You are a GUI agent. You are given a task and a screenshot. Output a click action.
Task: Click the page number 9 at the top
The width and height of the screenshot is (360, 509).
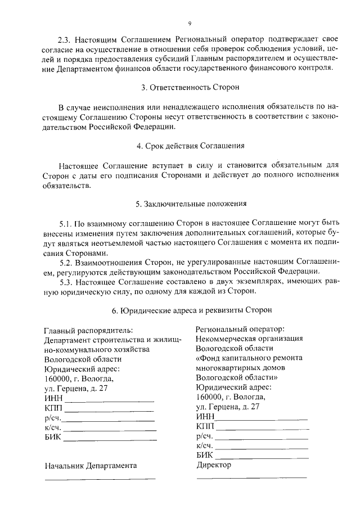pos(190,23)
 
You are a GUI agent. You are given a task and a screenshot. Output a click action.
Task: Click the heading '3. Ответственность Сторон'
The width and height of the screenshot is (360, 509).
pos(190,88)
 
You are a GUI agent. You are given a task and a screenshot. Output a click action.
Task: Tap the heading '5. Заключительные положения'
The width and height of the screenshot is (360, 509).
pos(190,204)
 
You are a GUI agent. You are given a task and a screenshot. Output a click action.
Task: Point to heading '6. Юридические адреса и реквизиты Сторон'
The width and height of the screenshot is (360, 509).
pos(190,309)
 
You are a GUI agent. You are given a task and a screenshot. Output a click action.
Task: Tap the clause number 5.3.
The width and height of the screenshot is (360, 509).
pos(66,282)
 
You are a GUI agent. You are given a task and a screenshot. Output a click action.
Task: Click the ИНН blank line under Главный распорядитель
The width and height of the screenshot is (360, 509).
pos(109,400)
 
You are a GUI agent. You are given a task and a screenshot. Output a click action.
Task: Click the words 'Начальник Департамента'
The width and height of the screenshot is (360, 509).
pos(90,466)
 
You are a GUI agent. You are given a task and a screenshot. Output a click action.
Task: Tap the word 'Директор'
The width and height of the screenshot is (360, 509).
pos(214,465)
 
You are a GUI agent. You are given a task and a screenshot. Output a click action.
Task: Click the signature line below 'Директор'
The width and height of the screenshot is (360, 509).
pos(251,477)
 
